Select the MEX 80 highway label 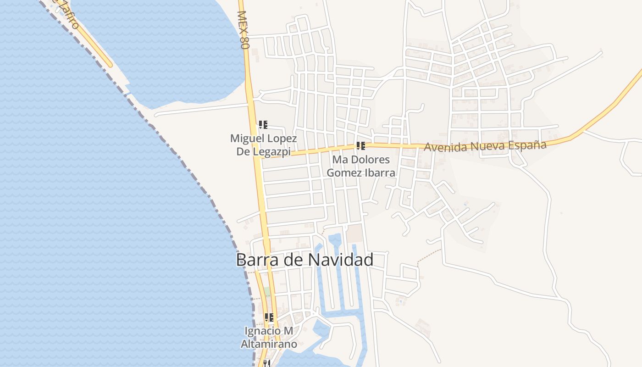(x=243, y=30)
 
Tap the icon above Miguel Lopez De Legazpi (x=263, y=125)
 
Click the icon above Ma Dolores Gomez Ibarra (x=361, y=146)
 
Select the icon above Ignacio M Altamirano (x=269, y=317)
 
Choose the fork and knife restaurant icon (x=266, y=363)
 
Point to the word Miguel (x=247, y=138)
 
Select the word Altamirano (x=269, y=344)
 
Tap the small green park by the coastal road (x=267, y=292)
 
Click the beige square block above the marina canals (x=354, y=234)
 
